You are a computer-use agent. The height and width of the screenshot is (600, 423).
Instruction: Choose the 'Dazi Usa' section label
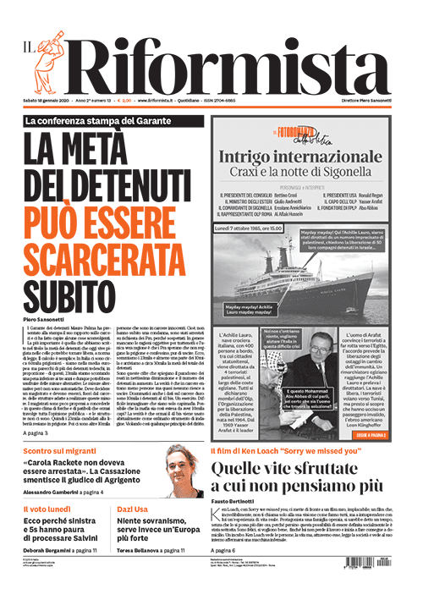pos(132,510)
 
